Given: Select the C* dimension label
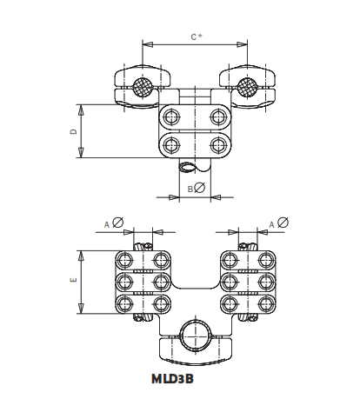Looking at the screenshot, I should point(197,37).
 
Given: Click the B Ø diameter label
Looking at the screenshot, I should point(195,188).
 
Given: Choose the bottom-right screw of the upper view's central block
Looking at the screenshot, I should point(217,143).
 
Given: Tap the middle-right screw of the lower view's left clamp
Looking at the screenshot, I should point(159,281).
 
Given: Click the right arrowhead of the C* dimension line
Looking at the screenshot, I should point(244,44).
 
